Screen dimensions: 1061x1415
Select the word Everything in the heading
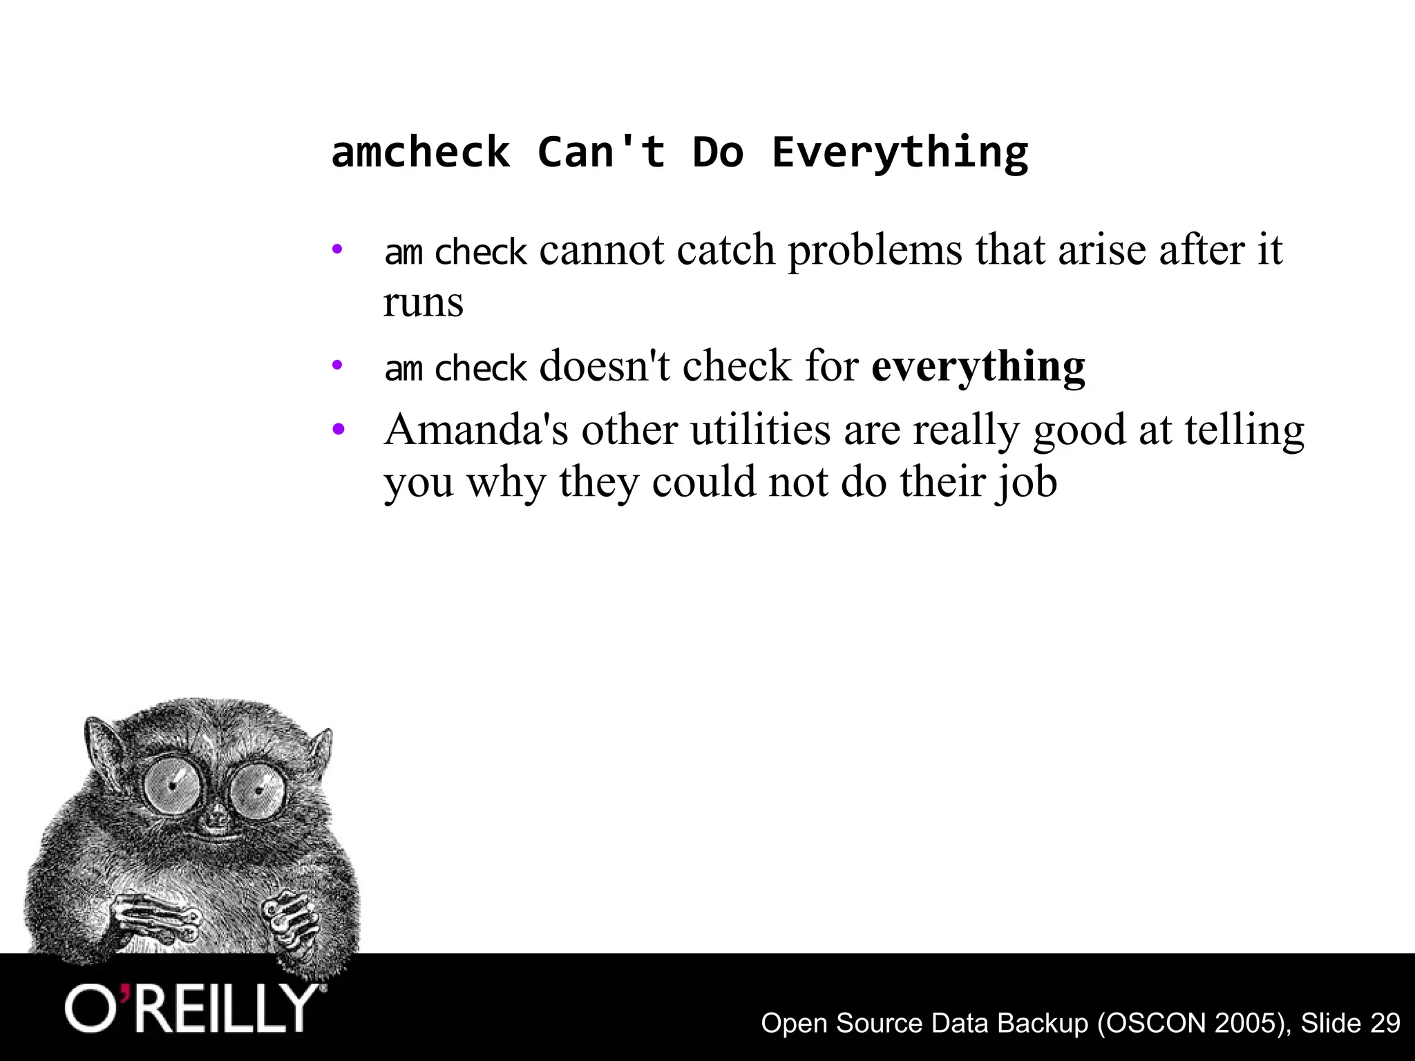click(x=900, y=153)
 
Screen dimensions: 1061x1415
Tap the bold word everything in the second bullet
click(x=978, y=367)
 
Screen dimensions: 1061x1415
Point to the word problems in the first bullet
click(x=875, y=249)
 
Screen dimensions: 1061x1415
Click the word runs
click(x=423, y=303)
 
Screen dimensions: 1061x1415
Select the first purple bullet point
click(x=337, y=249)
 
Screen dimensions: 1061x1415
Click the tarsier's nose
click(x=216, y=820)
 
